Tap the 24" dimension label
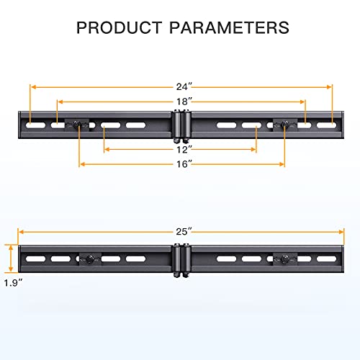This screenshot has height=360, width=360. (181, 77)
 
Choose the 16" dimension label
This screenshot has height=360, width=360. (182, 164)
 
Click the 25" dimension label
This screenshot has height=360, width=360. (182, 232)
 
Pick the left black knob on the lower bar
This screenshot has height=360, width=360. (90, 258)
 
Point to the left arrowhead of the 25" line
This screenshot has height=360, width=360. (21, 232)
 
